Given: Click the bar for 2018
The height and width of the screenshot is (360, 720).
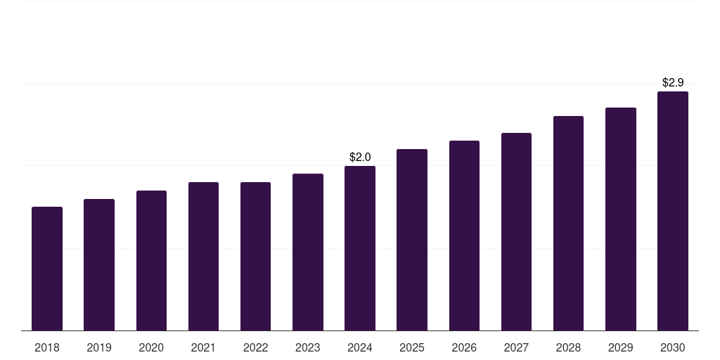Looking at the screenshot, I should pyautogui.click(x=47, y=269).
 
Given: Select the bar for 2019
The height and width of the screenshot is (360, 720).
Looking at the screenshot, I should pyautogui.click(x=99, y=264).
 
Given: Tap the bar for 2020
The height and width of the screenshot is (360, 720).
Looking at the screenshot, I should pyautogui.click(x=151, y=260).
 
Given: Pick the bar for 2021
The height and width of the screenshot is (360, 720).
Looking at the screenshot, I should pyautogui.click(x=203, y=256).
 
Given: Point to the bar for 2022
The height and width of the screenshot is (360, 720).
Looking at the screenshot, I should pyautogui.click(x=255, y=256).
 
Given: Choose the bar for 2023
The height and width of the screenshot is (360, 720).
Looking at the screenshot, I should pyautogui.click(x=308, y=252).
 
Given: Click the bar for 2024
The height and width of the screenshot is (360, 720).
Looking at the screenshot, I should pyautogui.click(x=360, y=248).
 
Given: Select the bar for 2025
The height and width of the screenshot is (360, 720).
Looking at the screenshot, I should pyautogui.click(x=412, y=240).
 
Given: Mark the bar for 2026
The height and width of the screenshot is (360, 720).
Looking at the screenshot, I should pyautogui.click(x=464, y=236).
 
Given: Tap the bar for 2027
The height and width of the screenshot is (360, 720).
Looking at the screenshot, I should pyautogui.click(x=516, y=231).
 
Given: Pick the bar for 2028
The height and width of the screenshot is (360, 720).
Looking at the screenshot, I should pyautogui.click(x=568, y=223).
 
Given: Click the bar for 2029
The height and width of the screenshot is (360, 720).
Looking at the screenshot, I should pyautogui.click(x=621, y=219).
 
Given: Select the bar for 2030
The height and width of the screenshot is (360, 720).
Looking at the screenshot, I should pyautogui.click(x=673, y=211).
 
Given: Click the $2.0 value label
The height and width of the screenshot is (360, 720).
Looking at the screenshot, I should pyautogui.click(x=360, y=157).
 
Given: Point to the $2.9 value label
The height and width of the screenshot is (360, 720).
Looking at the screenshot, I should pyautogui.click(x=673, y=82).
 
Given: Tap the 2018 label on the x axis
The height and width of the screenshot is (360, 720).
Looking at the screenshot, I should pyautogui.click(x=47, y=347).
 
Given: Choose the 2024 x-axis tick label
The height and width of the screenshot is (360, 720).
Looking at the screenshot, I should pyautogui.click(x=360, y=347).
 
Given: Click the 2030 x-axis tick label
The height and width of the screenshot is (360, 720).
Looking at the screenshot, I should pyautogui.click(x=673, y=347).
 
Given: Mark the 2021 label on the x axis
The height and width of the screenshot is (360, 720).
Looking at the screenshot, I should pyautogui.click(x=203, y=347).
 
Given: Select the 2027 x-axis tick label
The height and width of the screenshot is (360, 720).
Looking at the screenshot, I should pyautogui.click(x=516, y=347).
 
